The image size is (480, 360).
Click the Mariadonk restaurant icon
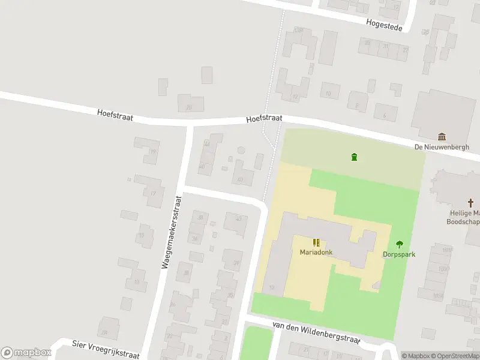316,242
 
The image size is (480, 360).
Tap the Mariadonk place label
316,253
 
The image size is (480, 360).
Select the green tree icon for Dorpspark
400,244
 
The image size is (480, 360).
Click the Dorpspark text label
399,254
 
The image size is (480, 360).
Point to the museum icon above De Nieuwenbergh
442,137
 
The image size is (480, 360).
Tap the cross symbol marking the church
472,203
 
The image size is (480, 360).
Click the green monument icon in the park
354,157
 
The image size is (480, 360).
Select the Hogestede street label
385,22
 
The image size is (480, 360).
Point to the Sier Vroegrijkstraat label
105,349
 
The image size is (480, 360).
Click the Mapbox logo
26,353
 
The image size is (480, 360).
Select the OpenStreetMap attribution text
455,356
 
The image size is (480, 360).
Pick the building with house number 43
236,222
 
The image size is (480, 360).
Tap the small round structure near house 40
241,149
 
